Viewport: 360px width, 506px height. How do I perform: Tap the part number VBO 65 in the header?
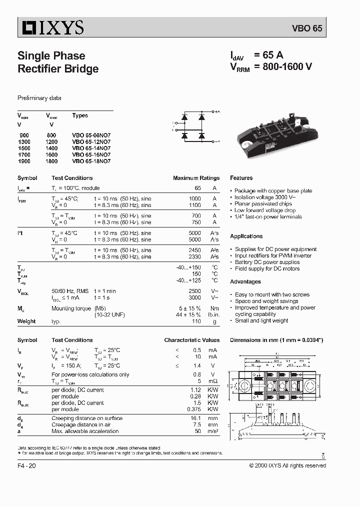click(x=310, y=29)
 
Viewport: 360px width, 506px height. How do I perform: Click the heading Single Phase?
click(x=51, y=56)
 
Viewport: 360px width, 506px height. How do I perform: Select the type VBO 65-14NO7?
click(x=91, y=148)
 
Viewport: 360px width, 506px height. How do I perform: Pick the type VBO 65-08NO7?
click(x=91, y=135)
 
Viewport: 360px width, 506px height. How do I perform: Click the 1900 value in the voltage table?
click(x=24, y=161)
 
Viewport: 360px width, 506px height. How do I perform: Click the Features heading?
click(x=241, y=178)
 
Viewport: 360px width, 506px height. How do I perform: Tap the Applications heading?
click(x=246, y=236)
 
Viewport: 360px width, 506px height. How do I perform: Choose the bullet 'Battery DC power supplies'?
click(x=267, y=262)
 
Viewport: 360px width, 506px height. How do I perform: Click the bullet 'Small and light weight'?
click(x=261, y=320)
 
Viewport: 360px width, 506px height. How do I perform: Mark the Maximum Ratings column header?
click(x=196, y=178)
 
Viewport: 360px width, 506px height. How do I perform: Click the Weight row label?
click(x=26, y=321)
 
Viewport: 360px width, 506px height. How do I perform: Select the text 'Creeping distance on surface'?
click(x=87, y=418)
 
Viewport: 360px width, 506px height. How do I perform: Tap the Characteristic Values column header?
click(x=192, y=340)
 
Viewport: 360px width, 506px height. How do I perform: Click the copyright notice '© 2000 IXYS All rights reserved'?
click(x=287, y=465)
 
